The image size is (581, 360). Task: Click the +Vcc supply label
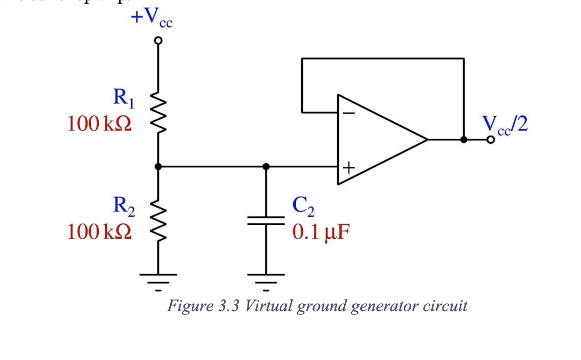click(152, 17)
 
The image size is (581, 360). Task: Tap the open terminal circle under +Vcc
click(158, 41)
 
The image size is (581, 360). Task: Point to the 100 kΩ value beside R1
click(99, 124)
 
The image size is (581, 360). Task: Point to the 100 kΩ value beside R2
click(99, 232)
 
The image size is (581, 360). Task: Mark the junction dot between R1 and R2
click(158, 167)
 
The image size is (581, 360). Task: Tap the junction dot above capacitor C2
click(265, 167)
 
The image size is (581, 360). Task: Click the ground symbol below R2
click(158, 280)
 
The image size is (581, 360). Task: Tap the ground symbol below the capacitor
click(265, 280)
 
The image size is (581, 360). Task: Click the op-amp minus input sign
click(348, 113)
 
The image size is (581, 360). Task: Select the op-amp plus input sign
click(348, 168)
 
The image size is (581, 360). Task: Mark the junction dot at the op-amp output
click(464, 139)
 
